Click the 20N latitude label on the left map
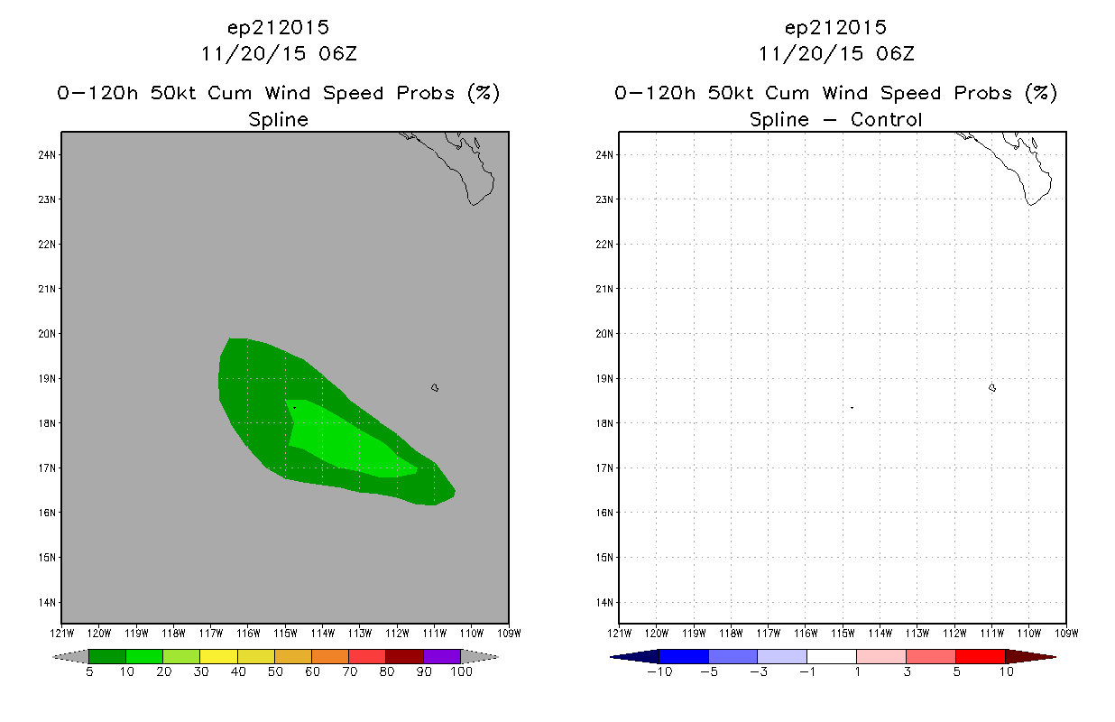pyautogui.click(x=47, y=334)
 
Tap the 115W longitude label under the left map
pyautogui.click(x=285, y=634)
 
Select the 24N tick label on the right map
pyautogui.click(x=604, y=155)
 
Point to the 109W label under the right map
pyautogui.click(x=1066, y=634)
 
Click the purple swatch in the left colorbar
pyautogui.click(x=442, y=656)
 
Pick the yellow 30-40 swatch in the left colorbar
pyautogui.click(x=219, y=656)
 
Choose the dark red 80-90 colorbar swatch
pyautogui.click(x=405, y=656)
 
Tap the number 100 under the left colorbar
pyautogui.click(x=462, y=671)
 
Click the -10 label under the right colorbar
pyautogui.click(x=659, y=671)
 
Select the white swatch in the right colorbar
pyautogui.click(x=832, y=656)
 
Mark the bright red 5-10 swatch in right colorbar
pyautogui.click(x=981, y=656)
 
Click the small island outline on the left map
pyautogui.click(x=435, y=387)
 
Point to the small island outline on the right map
pyautogui.click(x=992, y=387)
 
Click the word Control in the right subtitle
pyautogui.click(x=887, y=119)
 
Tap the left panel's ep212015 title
pyautogui.click(x=279, y=28)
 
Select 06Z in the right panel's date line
pyautogui.click(x=896, y=54)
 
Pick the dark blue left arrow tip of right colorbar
pyautogui.click(x=612, y=657)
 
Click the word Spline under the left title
pyautogui.click(x=279, y=120)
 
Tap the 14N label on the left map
pyautogui.click(x=47, y=603)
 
